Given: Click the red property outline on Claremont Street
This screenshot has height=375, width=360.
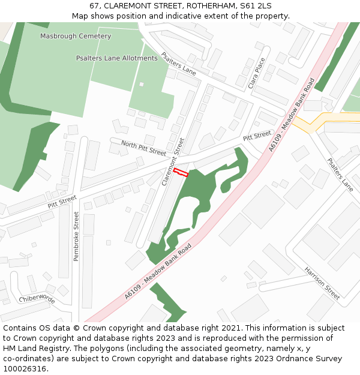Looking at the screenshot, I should [181, 173].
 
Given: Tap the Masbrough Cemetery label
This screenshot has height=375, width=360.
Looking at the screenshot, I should [76, 36].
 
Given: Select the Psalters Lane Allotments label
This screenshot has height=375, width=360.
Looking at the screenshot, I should [116, 58].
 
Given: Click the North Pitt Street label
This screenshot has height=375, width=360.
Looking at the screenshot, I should [143, 148].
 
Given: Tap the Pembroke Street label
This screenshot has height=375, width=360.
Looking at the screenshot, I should [76, 236].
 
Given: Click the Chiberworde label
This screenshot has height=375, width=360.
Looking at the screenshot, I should [37, 299].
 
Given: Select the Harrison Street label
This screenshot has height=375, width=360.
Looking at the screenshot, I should [322, 284].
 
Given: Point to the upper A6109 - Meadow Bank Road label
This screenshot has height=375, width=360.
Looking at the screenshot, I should [292, 115].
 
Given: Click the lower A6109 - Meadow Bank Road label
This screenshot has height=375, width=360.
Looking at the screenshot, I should [158, 271].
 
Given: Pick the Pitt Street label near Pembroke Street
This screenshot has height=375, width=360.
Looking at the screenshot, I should [62, 202].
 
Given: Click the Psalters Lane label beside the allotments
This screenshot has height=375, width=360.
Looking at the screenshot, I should [178, 63].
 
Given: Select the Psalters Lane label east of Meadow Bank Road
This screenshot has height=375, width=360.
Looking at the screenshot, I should [340, 175].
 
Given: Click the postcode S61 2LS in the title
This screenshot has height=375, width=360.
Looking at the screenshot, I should [256, 5].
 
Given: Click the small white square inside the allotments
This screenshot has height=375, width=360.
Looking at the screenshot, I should [142, 84].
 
